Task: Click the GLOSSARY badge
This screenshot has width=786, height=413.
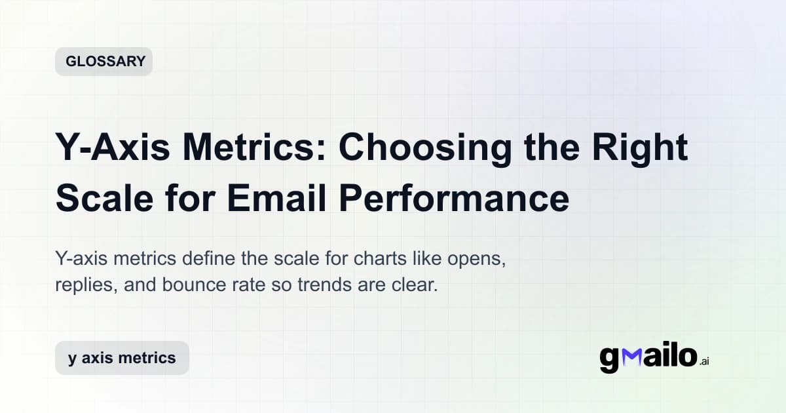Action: [x=103, y=62]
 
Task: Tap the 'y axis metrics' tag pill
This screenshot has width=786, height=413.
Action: [x=122, y=358]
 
